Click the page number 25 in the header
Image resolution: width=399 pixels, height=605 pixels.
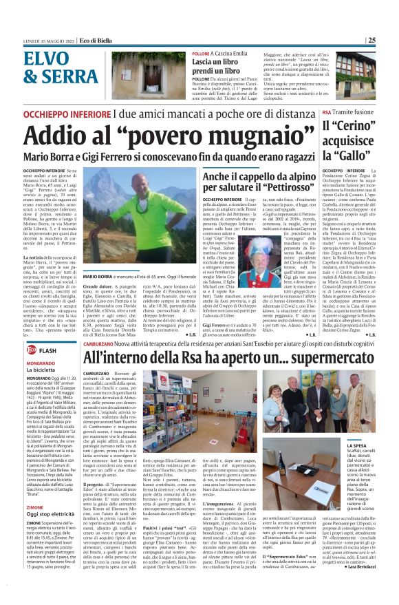pyautogui.click(x=390, y=40)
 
